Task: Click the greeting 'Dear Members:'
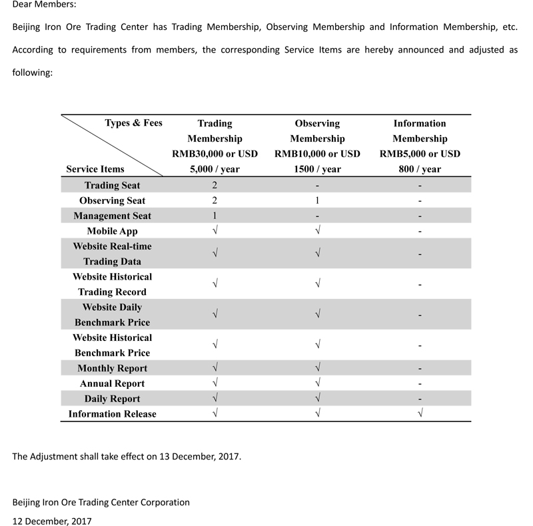point(44,6)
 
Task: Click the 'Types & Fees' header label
point(133,123)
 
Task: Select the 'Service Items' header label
point(95,169)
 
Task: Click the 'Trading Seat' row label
point(112,185)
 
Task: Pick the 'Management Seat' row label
point(112,216)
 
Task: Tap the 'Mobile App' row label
point(112,231)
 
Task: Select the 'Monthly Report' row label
point(112,368)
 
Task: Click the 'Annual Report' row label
point(112,384)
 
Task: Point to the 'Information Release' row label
point(112,414)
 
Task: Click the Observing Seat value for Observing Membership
point(318,200)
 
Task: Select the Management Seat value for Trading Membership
point(215,216)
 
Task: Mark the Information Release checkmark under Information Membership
point(420,414)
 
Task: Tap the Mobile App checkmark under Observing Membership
point(318,231)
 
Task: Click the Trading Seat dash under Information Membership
point(420,185)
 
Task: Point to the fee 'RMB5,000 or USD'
point(420,154)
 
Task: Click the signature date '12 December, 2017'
point(52,520)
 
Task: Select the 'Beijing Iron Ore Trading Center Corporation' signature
point(101,502)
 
